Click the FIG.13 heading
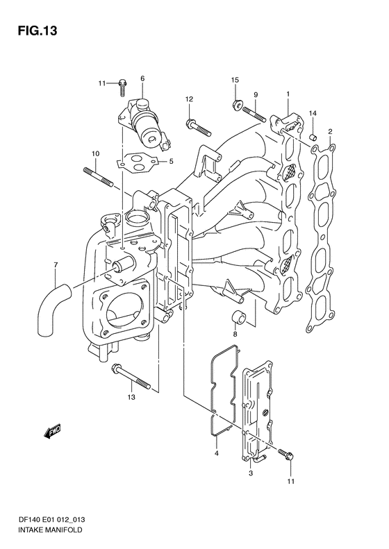[37, 31]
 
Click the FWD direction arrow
[53, 430]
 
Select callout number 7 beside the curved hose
[56, 264]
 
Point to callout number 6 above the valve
[142, 78]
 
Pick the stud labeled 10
[98, 177]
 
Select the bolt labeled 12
[198, 128]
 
